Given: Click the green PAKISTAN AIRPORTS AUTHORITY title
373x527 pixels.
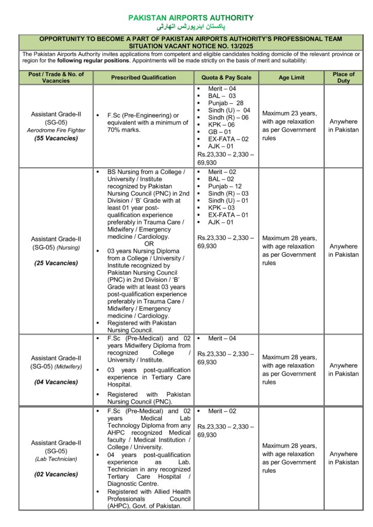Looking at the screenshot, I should point(191,18).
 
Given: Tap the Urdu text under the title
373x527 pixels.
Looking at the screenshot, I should point(191,26).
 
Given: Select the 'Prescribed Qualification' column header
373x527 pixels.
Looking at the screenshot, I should point(143,78).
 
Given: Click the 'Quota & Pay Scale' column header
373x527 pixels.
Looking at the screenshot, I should point(226,78).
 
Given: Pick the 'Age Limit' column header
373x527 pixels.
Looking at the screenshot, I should point(291,78).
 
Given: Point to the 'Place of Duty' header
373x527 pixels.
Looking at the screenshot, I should point(344,78).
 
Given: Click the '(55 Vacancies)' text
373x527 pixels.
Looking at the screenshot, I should point(56,138).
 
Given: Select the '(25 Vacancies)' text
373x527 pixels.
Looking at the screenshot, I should point(56,263).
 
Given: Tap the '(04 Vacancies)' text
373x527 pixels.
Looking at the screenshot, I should point(56,382).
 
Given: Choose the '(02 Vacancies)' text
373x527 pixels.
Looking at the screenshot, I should point(56,474).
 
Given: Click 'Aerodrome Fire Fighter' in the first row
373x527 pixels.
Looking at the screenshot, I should point(56,130).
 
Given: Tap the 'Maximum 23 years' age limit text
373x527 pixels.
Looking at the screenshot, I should point(290,114).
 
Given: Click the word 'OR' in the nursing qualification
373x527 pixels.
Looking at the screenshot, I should point(149,243).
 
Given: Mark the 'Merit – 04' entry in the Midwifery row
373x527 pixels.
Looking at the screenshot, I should point(222,338).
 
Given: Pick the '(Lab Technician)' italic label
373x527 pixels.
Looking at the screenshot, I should point(56,459).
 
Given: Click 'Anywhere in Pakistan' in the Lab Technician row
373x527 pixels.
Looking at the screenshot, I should point(344,458).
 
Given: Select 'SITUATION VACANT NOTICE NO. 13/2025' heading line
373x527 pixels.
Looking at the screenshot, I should point(191,46).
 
